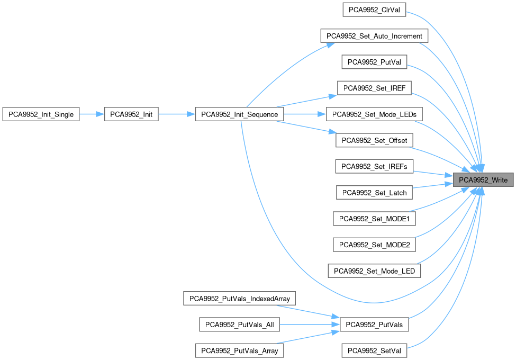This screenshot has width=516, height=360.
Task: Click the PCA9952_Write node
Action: click(x=483, y=180)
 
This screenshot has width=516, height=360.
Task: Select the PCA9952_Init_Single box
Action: click(x=41, y=114)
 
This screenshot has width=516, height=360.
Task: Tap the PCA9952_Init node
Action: click(x=131, y=114)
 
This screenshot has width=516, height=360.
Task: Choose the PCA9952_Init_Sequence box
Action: click(x=240, y=114)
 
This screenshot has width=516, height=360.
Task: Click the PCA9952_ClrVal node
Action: click(x=374, y=10)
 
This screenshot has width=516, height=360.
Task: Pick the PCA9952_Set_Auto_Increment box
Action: click(x=374, y=36)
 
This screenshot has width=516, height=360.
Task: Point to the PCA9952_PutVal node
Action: click(x=374, y=62)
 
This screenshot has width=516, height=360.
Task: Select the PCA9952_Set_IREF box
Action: click(x=374, y=88)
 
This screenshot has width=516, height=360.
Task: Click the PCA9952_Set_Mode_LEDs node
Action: click(x=374, y=114)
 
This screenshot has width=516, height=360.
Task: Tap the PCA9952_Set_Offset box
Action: click(x=374, y=140)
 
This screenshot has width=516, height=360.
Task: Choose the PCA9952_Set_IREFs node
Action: click(x=374, y=166)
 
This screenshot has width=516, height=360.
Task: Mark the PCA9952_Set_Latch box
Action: click(x=374, y=192)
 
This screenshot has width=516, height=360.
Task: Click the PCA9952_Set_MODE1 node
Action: click(x=374, y=218)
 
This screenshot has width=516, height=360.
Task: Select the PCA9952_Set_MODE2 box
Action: click(x=374, y=245)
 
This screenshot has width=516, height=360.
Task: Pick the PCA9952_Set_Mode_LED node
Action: click(x=374, y=271)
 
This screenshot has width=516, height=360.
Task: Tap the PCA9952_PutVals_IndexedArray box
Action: click(x=239, y=299)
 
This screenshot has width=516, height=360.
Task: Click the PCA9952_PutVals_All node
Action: click(x=239, y=325)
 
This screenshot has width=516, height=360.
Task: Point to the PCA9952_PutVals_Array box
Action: click(x=239, y=350)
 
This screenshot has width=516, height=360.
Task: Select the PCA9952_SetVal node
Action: click(x=374, y=350)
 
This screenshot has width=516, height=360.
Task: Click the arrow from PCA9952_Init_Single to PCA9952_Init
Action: click(x=92, y=114)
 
